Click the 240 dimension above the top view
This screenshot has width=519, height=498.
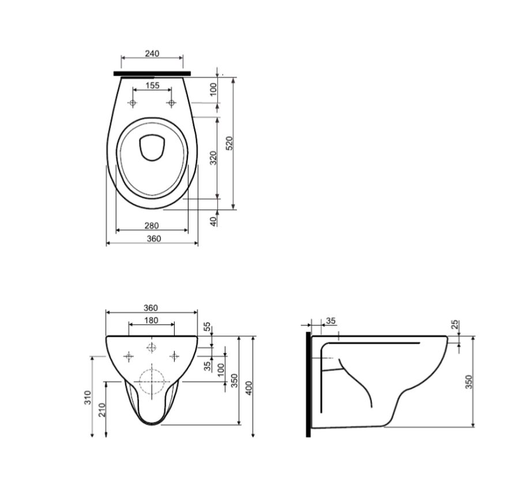pyautogui.click(x=152, y=53)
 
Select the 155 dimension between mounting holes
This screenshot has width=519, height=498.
pyautogui.click(x=152, y=85)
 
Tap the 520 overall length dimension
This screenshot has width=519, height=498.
pyautogui.click(x=230, y=143)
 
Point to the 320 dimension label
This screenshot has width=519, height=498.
pyautogui.click(x=213, y=158)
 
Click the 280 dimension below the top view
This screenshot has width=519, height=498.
pyautogui.click(x=152, y=226)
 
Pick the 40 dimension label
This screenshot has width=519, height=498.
pyautogui.click(x=214, y=221)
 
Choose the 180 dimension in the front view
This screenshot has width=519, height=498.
pyautogui.click(x=151, y=320)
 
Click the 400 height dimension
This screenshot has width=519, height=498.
pyautogui.click(x=249, y=388)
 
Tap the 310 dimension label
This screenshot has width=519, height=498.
pyautogui.click(x=88, y=398)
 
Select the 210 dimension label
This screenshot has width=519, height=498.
pyautogui.click(x=102, y=410)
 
